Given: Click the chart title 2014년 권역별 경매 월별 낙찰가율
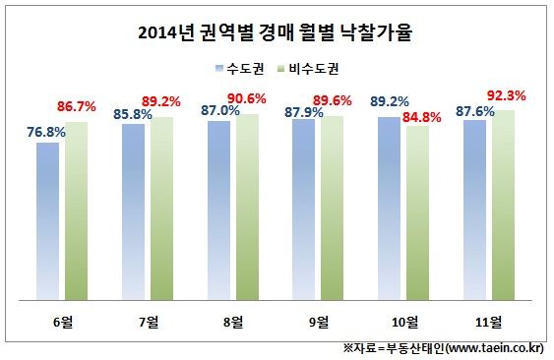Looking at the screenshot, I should (x=277, y=31).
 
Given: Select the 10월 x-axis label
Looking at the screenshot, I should (x=404, y=322).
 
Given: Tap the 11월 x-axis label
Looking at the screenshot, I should (x=490, y=322).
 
